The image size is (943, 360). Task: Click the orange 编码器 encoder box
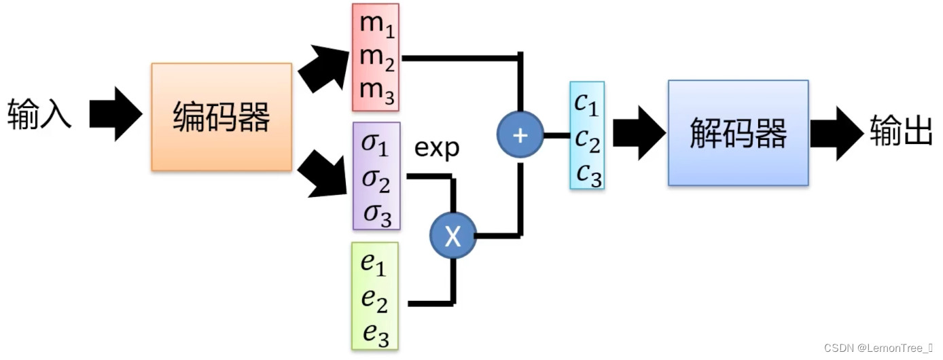(x=221, y=117)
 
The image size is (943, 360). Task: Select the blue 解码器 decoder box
(x=738, y=132)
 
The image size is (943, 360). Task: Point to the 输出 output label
(x=901, y=132)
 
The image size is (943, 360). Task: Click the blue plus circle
(x=520, y=135)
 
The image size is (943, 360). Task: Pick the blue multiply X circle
(x=452, y=236)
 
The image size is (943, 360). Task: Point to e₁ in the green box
(x=373, y=263)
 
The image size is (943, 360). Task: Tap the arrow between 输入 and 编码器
(x=115, y=114)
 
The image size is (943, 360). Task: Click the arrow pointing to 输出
(x=836, y=133)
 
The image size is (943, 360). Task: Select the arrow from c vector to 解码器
(x=638, y=132)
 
